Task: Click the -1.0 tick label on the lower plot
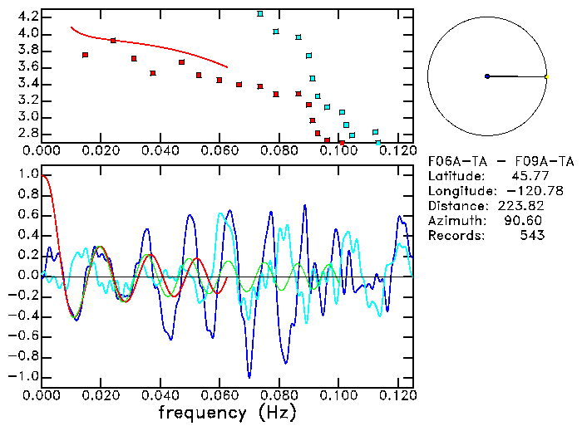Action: pos(24,376)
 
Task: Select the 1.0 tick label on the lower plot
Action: pos(28,175)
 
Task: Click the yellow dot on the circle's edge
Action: pos(546,76)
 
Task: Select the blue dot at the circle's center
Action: pos(487,76)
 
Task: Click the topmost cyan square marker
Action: pos(260,14)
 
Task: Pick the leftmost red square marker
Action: pos(86,55)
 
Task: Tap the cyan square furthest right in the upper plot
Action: pos(378,143)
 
